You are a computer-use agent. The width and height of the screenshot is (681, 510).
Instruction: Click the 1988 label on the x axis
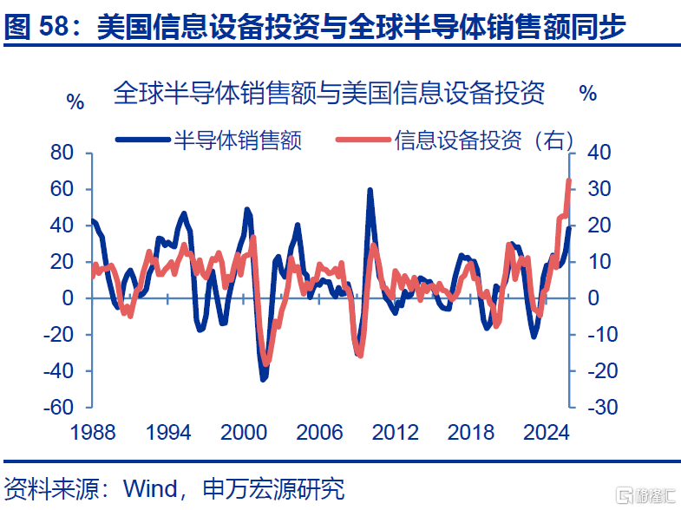[93, 432]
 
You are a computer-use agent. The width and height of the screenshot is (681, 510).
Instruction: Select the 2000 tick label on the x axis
[244, 432]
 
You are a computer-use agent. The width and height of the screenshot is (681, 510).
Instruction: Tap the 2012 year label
[396, 432]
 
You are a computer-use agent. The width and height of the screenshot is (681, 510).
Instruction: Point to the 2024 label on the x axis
[547, 432]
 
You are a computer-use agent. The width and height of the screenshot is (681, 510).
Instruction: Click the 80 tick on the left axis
[62, 153]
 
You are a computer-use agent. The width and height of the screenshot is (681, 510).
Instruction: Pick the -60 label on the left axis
[59, 407]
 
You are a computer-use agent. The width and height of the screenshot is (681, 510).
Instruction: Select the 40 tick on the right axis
[599, 153]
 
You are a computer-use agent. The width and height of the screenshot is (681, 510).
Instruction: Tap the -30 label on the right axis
[603, 407]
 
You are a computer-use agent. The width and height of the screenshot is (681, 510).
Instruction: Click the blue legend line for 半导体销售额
[142, 140]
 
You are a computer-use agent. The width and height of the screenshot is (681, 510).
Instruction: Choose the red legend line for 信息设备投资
[363, 140]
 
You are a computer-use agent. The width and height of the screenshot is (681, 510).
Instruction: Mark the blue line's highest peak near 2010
[370, 190]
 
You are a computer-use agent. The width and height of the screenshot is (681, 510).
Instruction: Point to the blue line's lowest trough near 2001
[263, 379]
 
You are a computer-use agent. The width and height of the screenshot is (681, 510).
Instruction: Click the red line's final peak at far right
[569, 180]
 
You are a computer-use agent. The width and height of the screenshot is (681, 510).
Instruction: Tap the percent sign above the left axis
[75, 102]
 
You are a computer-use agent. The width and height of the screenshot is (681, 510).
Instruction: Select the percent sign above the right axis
[588, 94]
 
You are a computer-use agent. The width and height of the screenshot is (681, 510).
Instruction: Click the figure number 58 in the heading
[55, 26]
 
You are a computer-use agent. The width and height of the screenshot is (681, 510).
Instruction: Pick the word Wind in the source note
[151, 488]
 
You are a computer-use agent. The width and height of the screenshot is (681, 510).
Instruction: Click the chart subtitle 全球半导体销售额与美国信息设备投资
[329, 93]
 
